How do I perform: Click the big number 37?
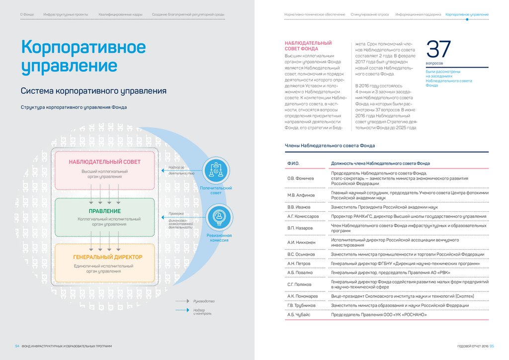tap(438, 50)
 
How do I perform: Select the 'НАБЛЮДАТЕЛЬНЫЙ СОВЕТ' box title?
tap(104, 162)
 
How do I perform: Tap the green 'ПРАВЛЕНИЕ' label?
tap(104, 211)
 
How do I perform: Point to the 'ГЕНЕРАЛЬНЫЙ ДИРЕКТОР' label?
tap(107, 257)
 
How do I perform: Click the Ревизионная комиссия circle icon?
tap(218, 217)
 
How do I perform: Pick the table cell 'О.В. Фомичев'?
tap(301, 178)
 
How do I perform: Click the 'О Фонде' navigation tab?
tap(27, 15)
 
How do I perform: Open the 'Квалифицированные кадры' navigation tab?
tap(120, 15)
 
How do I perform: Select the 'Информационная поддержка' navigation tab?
tap(418, 15)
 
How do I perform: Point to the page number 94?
tap(17, 346)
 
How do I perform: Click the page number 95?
tap(492, 346)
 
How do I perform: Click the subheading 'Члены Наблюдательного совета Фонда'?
tap(330, 146)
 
